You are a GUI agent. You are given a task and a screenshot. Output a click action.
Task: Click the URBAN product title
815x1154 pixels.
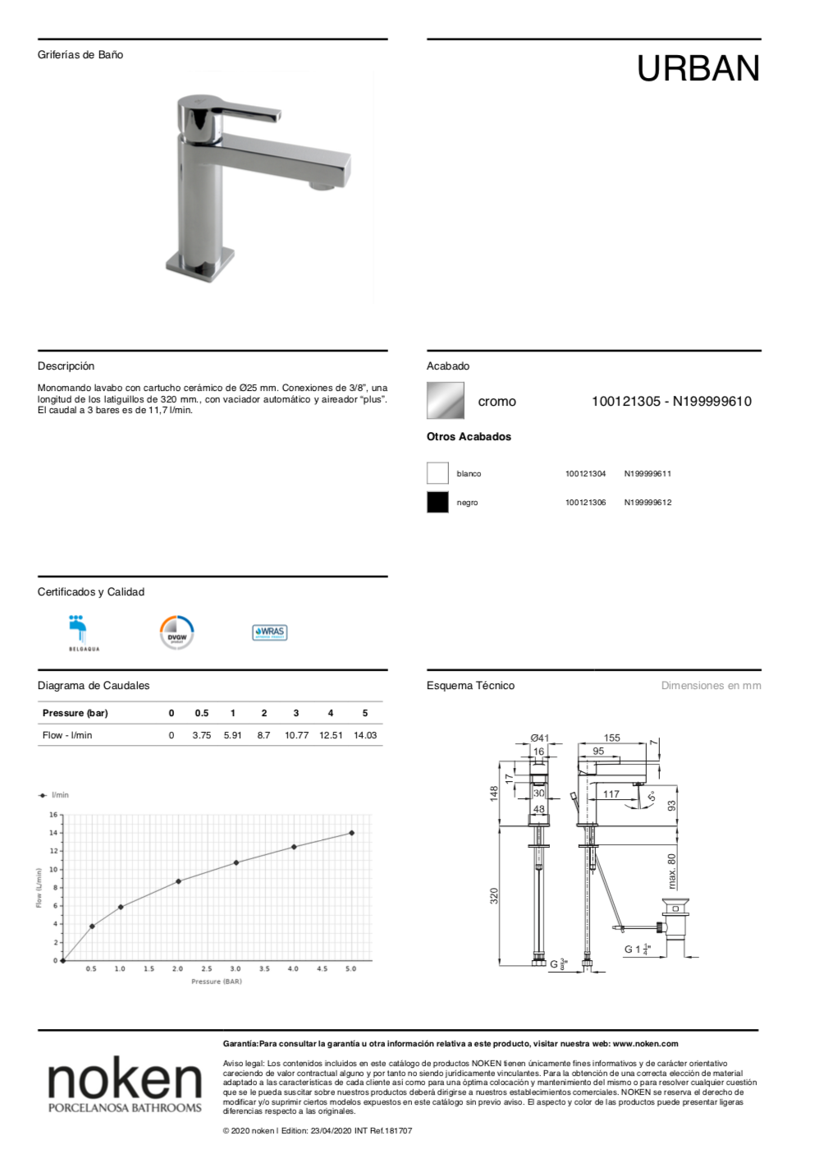click(698, 69)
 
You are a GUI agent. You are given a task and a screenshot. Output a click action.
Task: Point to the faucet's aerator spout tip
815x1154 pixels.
click(322, 186)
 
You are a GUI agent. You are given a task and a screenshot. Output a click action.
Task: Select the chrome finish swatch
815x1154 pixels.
click(445, 401)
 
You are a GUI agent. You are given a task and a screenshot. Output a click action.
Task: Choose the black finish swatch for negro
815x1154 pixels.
click(437, 502)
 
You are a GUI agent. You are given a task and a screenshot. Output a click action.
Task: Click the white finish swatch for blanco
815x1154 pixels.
click(437, 473)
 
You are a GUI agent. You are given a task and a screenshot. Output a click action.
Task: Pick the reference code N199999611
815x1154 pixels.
click(648, 474)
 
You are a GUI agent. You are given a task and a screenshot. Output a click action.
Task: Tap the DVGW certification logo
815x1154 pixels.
click(176, 633)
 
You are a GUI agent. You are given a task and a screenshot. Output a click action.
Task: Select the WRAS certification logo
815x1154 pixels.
click(269, 632)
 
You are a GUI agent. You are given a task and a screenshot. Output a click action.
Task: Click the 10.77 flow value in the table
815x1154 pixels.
click(296, 736)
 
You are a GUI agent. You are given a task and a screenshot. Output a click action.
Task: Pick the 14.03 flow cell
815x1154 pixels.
click(365, 736)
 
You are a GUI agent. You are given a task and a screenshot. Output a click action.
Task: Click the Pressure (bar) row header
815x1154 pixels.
click(75, 713)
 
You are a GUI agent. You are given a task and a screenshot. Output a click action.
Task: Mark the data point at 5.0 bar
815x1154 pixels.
click(352, 833)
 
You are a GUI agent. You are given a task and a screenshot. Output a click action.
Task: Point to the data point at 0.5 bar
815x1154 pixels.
click(92, 926)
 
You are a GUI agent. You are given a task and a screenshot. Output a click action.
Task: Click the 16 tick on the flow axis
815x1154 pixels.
click(53, 815)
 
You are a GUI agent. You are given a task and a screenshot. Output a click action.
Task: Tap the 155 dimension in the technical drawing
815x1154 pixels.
click(612, 738)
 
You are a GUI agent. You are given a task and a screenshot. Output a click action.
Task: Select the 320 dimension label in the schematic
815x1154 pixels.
click(494, 895)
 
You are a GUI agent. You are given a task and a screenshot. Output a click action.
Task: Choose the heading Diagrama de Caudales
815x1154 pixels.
click(94, 686)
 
